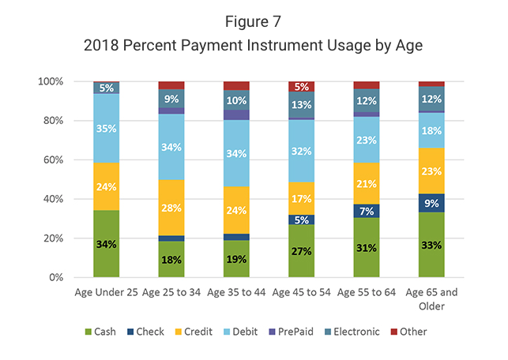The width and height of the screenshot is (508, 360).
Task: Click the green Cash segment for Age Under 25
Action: (x=106, y=244)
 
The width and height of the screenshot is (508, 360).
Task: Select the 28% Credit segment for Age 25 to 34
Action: (x=171, y=208)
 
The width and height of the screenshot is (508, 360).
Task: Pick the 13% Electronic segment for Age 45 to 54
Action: (x=301, y=104)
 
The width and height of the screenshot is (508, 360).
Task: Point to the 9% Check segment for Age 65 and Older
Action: (x=431, y=203)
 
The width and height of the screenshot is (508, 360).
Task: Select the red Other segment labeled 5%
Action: (x=301, y=86)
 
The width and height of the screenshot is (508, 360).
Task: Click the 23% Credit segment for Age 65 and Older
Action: (x=431, y=171)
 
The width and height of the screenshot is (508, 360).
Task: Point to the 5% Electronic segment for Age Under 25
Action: (x=106, y=88)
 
